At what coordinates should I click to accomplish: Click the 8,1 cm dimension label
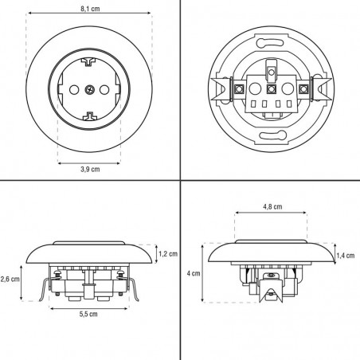coord(89,9)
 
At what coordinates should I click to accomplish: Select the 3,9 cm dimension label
coord(89,169)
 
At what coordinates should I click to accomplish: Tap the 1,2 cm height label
coord(168,254)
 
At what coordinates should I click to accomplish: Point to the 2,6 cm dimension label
coord(10,279)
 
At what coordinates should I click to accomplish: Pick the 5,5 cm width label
coord(89,315)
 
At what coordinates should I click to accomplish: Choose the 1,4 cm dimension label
coord(346,255)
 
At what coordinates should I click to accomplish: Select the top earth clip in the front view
coord(89,61)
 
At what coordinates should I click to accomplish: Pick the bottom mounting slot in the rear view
coord(269,134)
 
